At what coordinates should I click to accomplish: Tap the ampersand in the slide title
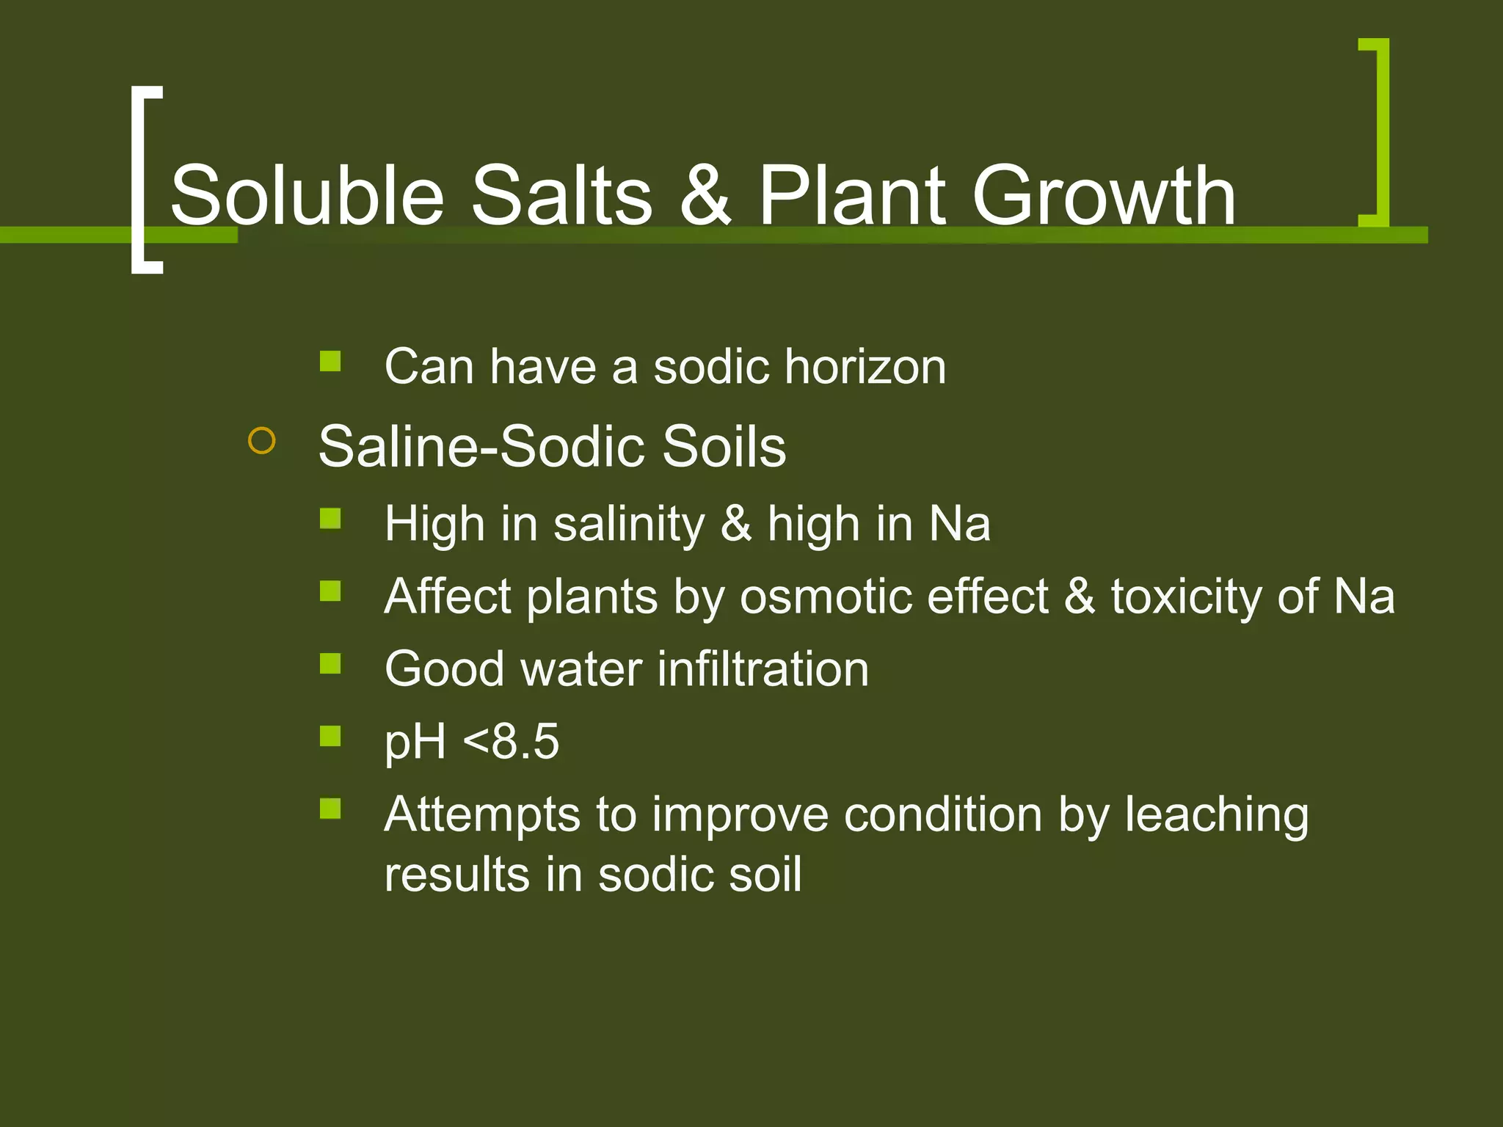[x=705, y=195]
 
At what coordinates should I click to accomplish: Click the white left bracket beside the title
[x=142, y=180]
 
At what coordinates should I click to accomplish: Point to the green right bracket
[x=1378, y=132]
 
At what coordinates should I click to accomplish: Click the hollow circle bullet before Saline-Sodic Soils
[x=262, y=442]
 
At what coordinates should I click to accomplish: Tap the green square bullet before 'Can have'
[x=330, y=361]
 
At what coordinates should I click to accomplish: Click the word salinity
[x=629, y=525]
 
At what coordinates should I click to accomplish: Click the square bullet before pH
[x=330, y=735]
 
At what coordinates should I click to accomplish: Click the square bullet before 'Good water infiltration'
[x=330, y=663]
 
